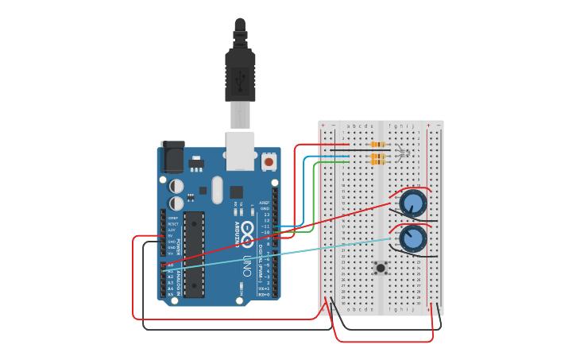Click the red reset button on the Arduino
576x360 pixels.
click(269, 161)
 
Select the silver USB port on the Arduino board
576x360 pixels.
click(240, 151)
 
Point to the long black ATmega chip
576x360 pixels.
click(194, 254)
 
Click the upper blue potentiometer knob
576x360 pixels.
click(412, 203)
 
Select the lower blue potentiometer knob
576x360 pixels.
click(413, 238)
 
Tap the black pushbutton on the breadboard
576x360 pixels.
click(381, 268)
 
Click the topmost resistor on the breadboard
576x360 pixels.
click(378, 145)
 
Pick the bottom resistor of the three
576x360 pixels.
click(378, 162)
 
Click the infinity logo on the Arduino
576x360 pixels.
click(247, 233)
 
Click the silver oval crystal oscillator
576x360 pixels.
click(217, 190)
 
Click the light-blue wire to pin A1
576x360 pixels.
click(278, 254)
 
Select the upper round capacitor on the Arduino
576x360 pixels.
click(176, 186)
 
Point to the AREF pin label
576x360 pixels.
click(265, 203)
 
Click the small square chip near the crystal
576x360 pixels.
click(236, 192)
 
